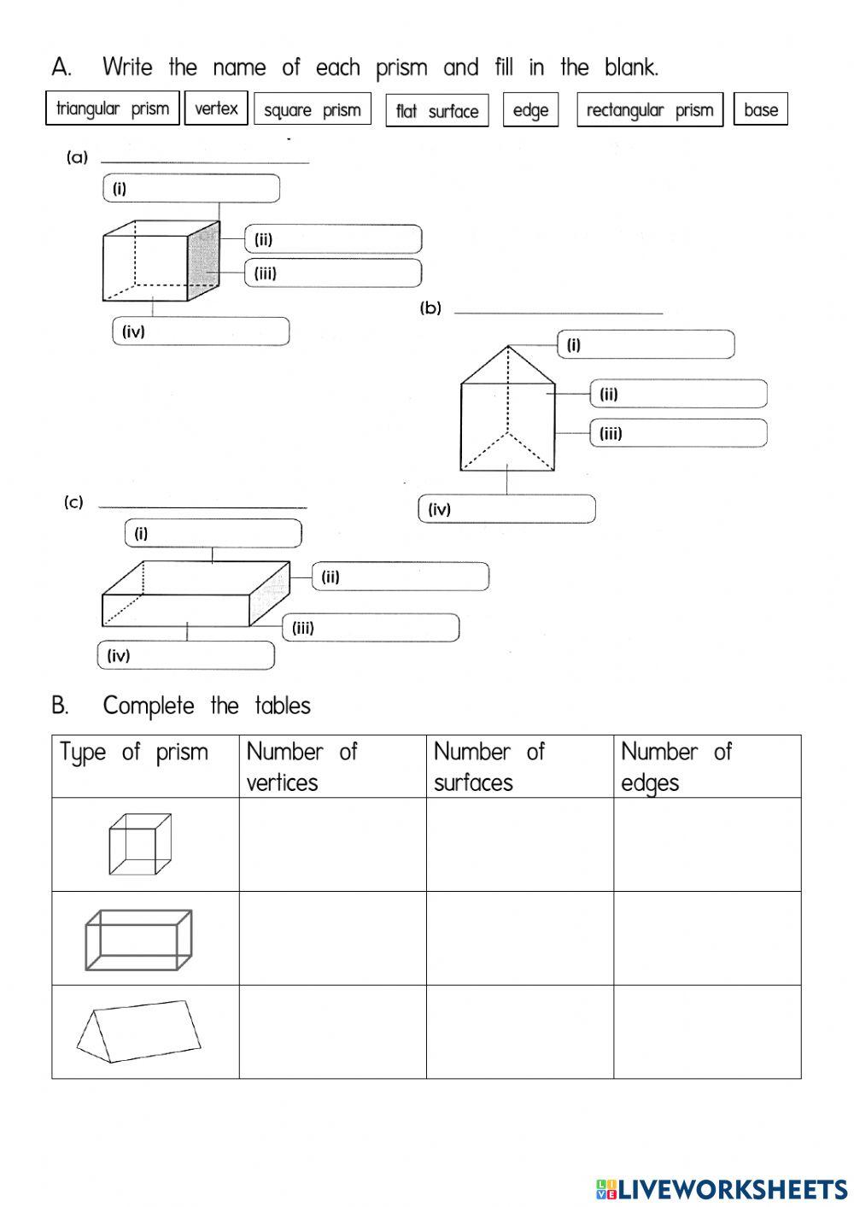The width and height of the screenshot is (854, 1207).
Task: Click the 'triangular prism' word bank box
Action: coord(112,108)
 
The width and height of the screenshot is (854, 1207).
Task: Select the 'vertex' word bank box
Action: coord(216,108)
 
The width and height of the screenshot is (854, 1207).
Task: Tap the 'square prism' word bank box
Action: coord(313,109)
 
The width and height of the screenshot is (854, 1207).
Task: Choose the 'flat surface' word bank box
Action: coord(437,111)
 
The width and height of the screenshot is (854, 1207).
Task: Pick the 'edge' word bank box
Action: coord(530,110)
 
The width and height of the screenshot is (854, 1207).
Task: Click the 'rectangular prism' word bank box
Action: coord(650,110)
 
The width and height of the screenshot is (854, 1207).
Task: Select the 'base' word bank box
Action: coord(761,109)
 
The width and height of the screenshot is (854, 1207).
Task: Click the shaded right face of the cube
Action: coord(203,261)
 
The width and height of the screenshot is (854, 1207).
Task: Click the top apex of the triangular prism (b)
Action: coord(509,346)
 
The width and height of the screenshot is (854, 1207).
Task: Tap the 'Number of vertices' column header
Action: coord(332,766)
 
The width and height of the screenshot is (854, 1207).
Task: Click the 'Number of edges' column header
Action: coord(706,766)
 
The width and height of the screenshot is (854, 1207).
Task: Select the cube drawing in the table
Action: coord(140,844)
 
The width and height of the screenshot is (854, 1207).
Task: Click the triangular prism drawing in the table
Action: coord(139,1031)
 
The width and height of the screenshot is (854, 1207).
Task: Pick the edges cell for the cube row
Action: coord(706,845)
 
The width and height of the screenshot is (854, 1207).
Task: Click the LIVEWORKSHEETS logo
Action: coord(722,1188)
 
